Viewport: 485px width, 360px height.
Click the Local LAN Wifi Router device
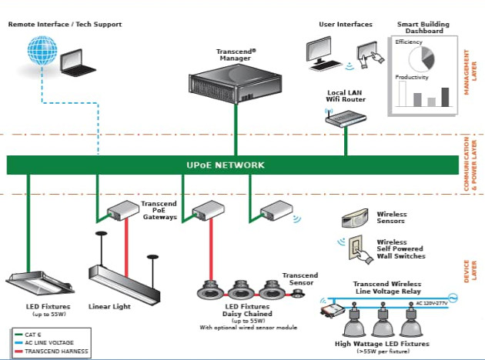pos(345,117)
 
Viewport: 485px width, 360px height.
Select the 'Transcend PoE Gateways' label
pos(160,211)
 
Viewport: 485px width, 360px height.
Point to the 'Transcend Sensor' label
pos(300,279)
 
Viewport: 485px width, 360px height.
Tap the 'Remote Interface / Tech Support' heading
pos(65,24)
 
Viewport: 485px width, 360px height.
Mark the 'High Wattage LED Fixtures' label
pos(382,343)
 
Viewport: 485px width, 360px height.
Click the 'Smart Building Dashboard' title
pos(420,28)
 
